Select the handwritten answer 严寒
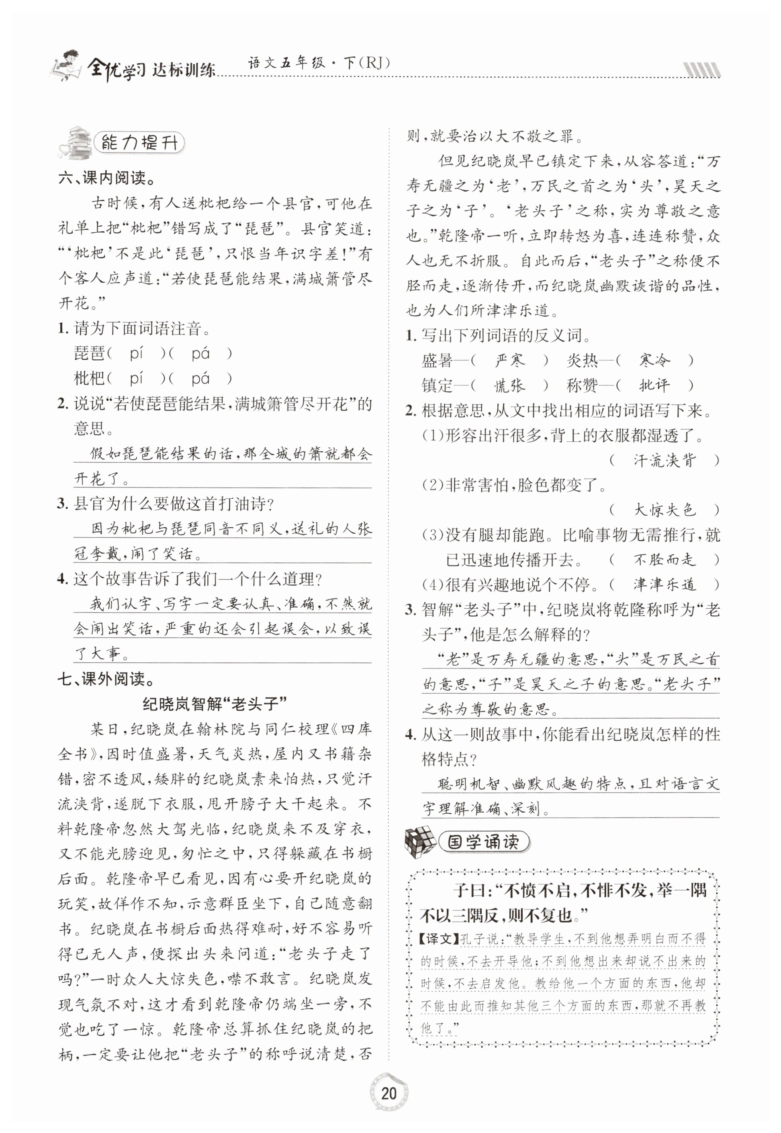[509, 361]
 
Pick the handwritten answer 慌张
[509, 386]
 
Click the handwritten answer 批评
[654, 386]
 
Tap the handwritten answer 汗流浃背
[664, 461]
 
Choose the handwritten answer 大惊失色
[664, 510]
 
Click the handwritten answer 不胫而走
[664, 560]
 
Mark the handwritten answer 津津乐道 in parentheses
[664, 584]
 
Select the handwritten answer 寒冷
[654, 361]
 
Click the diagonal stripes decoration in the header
[701, 70]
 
